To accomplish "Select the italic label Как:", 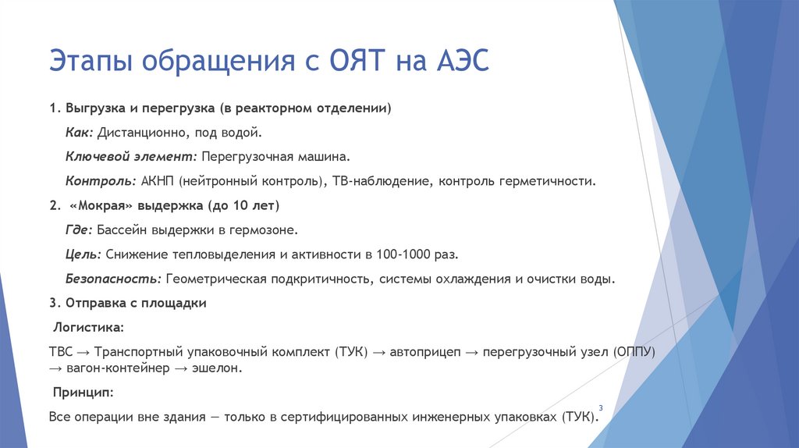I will (x=80, y=133).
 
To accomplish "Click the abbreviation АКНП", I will (x=158, y=181).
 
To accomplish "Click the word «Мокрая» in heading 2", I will (x=102, y=206).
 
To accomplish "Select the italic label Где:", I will (x=80, y=230).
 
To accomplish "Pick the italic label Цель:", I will (x=83, y=254).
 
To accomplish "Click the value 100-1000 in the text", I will (x=402, y=254).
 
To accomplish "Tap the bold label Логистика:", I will (x=87, y=327).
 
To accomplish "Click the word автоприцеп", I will (x=421, y=352).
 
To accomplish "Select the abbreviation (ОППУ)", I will (x=634, y=352).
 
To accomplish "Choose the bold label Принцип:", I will (x=83, y=391).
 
